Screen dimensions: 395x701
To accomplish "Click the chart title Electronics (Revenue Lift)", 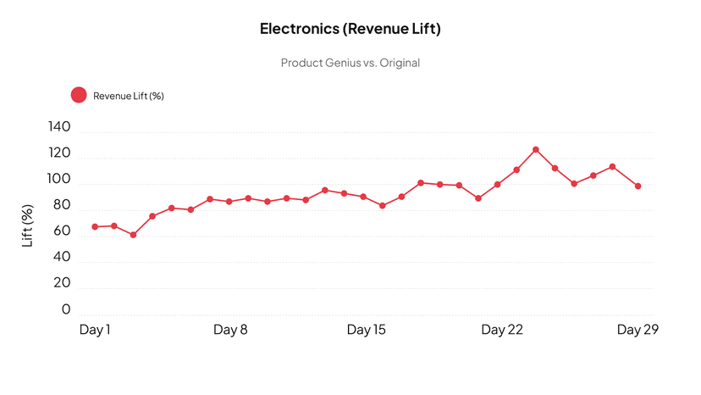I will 350,29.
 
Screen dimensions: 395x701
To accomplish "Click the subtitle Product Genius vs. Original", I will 350,63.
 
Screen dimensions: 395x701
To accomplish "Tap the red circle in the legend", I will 79,96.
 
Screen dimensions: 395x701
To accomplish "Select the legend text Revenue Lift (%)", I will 129,96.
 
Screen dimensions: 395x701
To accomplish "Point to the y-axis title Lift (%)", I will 28,225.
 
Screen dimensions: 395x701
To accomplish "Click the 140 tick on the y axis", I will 60,127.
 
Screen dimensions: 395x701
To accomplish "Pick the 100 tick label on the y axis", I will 60,180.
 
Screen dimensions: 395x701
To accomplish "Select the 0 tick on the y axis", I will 66,310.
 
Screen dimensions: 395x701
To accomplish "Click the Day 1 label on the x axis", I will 95,330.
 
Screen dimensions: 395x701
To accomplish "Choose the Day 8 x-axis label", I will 229,330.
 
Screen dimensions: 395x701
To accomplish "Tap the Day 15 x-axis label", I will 366,330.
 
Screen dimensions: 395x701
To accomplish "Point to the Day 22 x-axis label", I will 502,330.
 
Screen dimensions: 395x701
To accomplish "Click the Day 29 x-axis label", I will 637,330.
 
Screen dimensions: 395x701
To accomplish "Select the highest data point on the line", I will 536,149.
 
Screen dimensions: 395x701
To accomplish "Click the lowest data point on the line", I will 133,235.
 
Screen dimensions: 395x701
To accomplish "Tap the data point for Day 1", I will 95,226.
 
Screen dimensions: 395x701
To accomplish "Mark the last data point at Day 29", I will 638,186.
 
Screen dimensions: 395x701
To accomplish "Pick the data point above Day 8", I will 229,202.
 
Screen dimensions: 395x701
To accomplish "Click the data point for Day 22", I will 498,185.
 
